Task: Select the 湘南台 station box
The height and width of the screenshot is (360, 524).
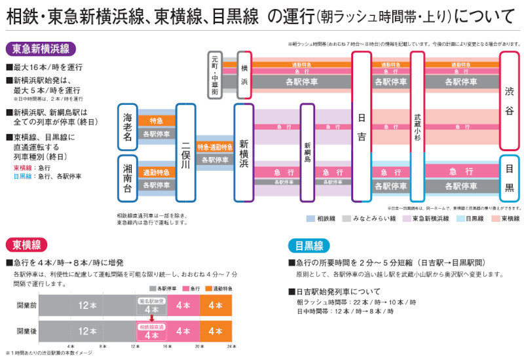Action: tap(128, 177)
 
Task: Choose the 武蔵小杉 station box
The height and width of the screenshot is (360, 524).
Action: tap(417, 126)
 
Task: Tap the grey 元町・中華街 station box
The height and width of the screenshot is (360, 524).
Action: tap(216, 74)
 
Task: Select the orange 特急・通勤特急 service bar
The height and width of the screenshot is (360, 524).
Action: tap(215, 147)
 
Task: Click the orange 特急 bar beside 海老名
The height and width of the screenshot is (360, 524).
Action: tap(157, 121)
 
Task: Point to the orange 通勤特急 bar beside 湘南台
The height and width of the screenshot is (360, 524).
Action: tap(157, 173)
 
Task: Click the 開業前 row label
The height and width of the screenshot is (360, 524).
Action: tap(27, 305)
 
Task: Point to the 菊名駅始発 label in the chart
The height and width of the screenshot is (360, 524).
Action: tap(151, 301)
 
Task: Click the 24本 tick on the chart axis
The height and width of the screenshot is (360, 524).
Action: tap(229, 346)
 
